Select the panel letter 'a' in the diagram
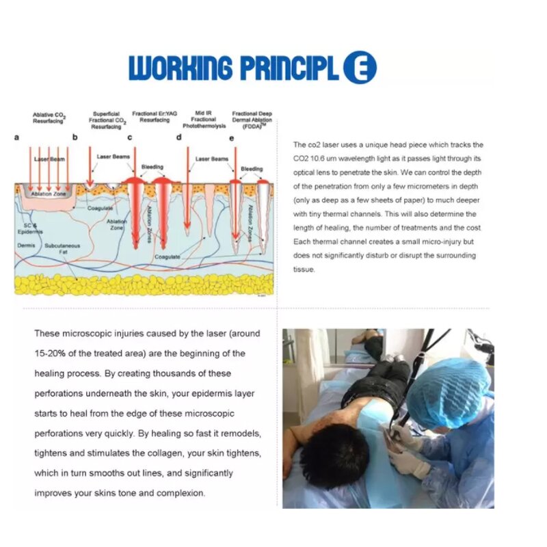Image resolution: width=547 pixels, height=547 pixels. [x=17, y=137]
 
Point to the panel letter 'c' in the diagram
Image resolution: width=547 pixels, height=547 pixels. [x=130, y=137]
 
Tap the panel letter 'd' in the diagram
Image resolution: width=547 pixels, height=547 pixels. [x=179, y=137]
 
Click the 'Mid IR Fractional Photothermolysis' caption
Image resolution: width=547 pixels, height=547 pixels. [x=203, y=120]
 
